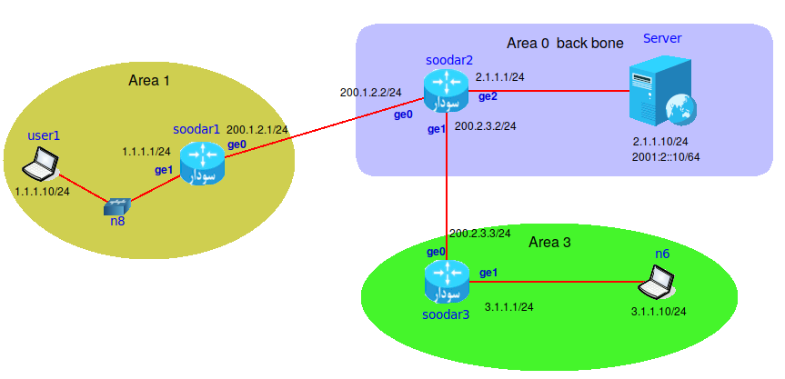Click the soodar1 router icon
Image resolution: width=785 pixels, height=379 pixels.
(201, 164)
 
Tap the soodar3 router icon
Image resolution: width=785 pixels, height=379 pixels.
(447, 282)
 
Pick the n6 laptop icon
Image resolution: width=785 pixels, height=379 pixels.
(655, 284)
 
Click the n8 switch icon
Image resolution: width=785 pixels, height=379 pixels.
(117, 206)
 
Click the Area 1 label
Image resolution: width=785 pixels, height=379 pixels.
(150, 81)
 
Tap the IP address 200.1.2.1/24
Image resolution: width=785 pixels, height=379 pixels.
(257, 130)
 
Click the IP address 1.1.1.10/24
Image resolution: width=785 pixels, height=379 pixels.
(43, 193)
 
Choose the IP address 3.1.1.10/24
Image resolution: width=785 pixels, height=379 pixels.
(659, 312)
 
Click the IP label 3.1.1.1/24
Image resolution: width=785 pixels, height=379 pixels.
(509, 307)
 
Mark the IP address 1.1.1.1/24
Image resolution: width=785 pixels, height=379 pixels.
(147, 152)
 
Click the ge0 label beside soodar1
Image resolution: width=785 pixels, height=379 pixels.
(237, 145)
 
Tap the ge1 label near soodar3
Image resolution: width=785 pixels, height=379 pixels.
(488, 273)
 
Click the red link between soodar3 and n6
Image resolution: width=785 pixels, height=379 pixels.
(555, 283)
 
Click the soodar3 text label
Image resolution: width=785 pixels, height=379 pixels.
(446, 315)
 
